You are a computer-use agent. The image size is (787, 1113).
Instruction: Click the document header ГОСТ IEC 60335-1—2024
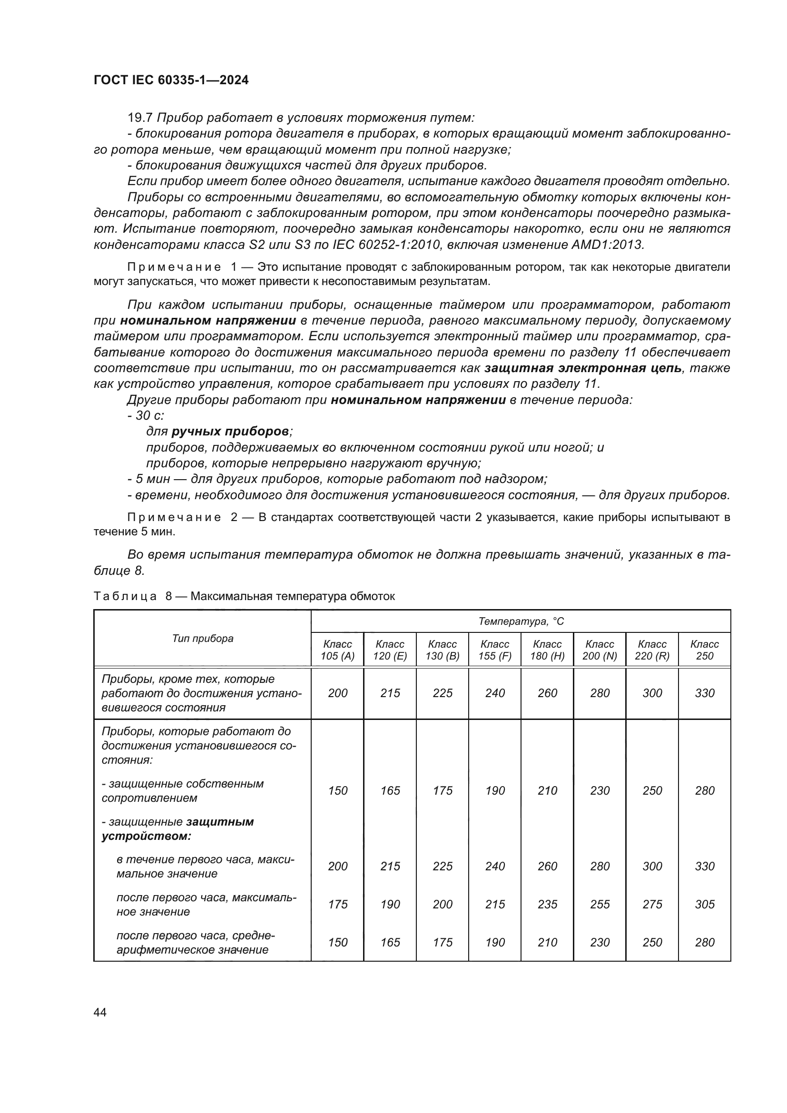pos(171,80)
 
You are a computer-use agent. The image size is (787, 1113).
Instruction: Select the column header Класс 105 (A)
pos(337,650)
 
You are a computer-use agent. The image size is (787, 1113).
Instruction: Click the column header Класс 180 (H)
pos(547,650)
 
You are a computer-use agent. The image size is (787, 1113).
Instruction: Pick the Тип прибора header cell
pos(203,639)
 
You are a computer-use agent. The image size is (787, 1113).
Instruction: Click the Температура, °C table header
pos(521,621)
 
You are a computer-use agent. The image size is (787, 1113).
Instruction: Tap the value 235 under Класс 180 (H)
pos(547,904)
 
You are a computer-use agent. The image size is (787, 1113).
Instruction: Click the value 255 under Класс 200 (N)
pos(600,904)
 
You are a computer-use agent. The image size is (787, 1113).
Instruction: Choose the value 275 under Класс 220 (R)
pos(652,904)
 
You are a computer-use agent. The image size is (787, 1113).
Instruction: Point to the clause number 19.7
pos(140,118)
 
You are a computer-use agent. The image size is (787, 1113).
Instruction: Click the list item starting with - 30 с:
pos(146,415)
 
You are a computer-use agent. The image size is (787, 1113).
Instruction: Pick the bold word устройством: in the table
pos(147,836)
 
